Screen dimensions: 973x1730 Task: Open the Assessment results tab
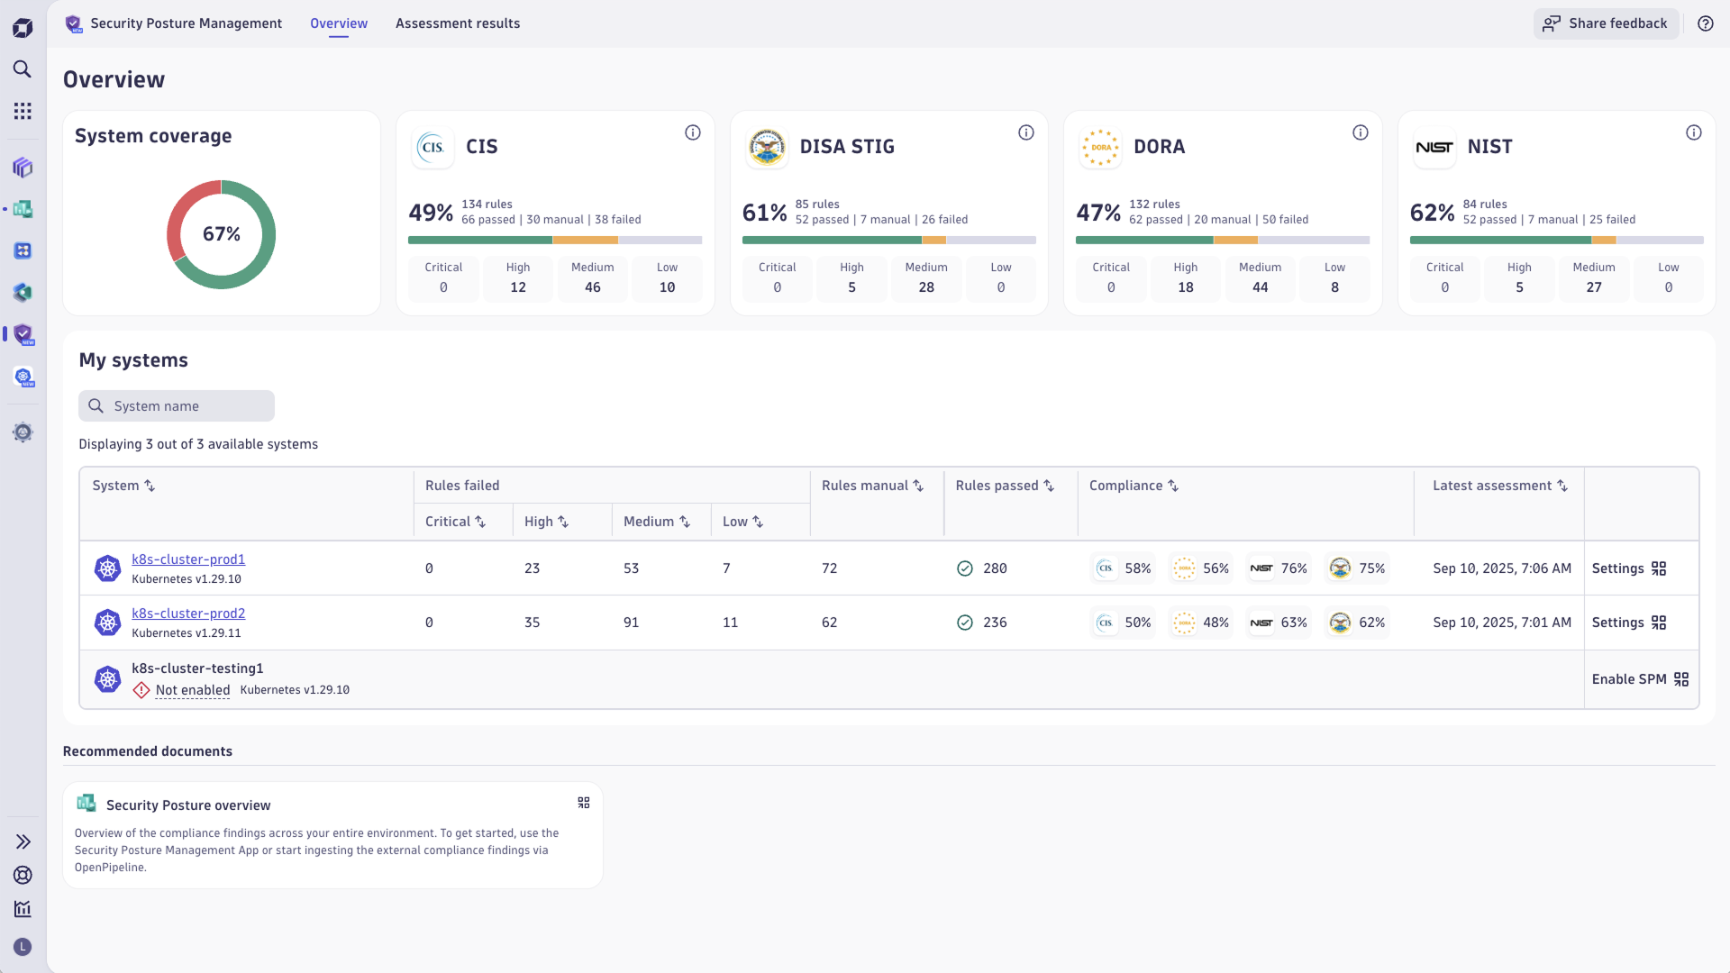(x=457, y=23)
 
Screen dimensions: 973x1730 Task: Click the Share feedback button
(x=1606, y=23)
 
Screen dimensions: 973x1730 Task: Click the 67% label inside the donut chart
(x=221, y=234)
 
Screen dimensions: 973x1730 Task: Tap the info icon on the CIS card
(x=692, y=133)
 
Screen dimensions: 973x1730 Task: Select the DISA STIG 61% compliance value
(x=764, y=213)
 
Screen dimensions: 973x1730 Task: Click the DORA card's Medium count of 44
(x=1260, y=287)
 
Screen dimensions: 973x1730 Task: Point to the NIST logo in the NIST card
(x=1434, y=148)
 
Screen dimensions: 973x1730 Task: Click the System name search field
(x=177, y=406)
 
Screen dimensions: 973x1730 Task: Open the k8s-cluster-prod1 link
(x=188, y=559)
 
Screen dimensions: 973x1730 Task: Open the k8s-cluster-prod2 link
(x=188, y=614)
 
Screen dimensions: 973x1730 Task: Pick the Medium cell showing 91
(x=631, y=623)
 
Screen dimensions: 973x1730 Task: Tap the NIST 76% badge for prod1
(x=1279, y=568)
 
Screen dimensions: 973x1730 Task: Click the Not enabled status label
(x=192, y=690)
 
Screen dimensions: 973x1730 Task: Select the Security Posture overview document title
(x=188, y=805)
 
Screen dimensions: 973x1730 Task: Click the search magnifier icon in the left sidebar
(x=23, y=69)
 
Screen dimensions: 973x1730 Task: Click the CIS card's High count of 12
(x=517, y=287)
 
